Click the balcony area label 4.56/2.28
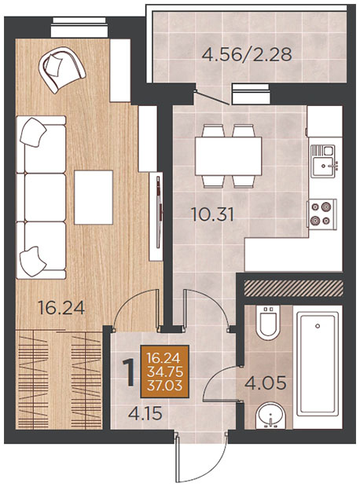247,54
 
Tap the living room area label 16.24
61,308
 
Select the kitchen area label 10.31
213,214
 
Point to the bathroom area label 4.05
265,383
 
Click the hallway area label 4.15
145,413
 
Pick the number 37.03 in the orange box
164,386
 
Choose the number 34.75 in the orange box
164,372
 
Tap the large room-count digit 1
129,372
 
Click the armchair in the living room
61,69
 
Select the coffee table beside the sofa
94,197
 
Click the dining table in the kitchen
229,156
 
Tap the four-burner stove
321,214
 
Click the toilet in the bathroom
268,321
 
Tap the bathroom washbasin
270,416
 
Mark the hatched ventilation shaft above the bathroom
294,288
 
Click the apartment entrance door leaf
178,459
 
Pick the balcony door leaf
212,97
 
